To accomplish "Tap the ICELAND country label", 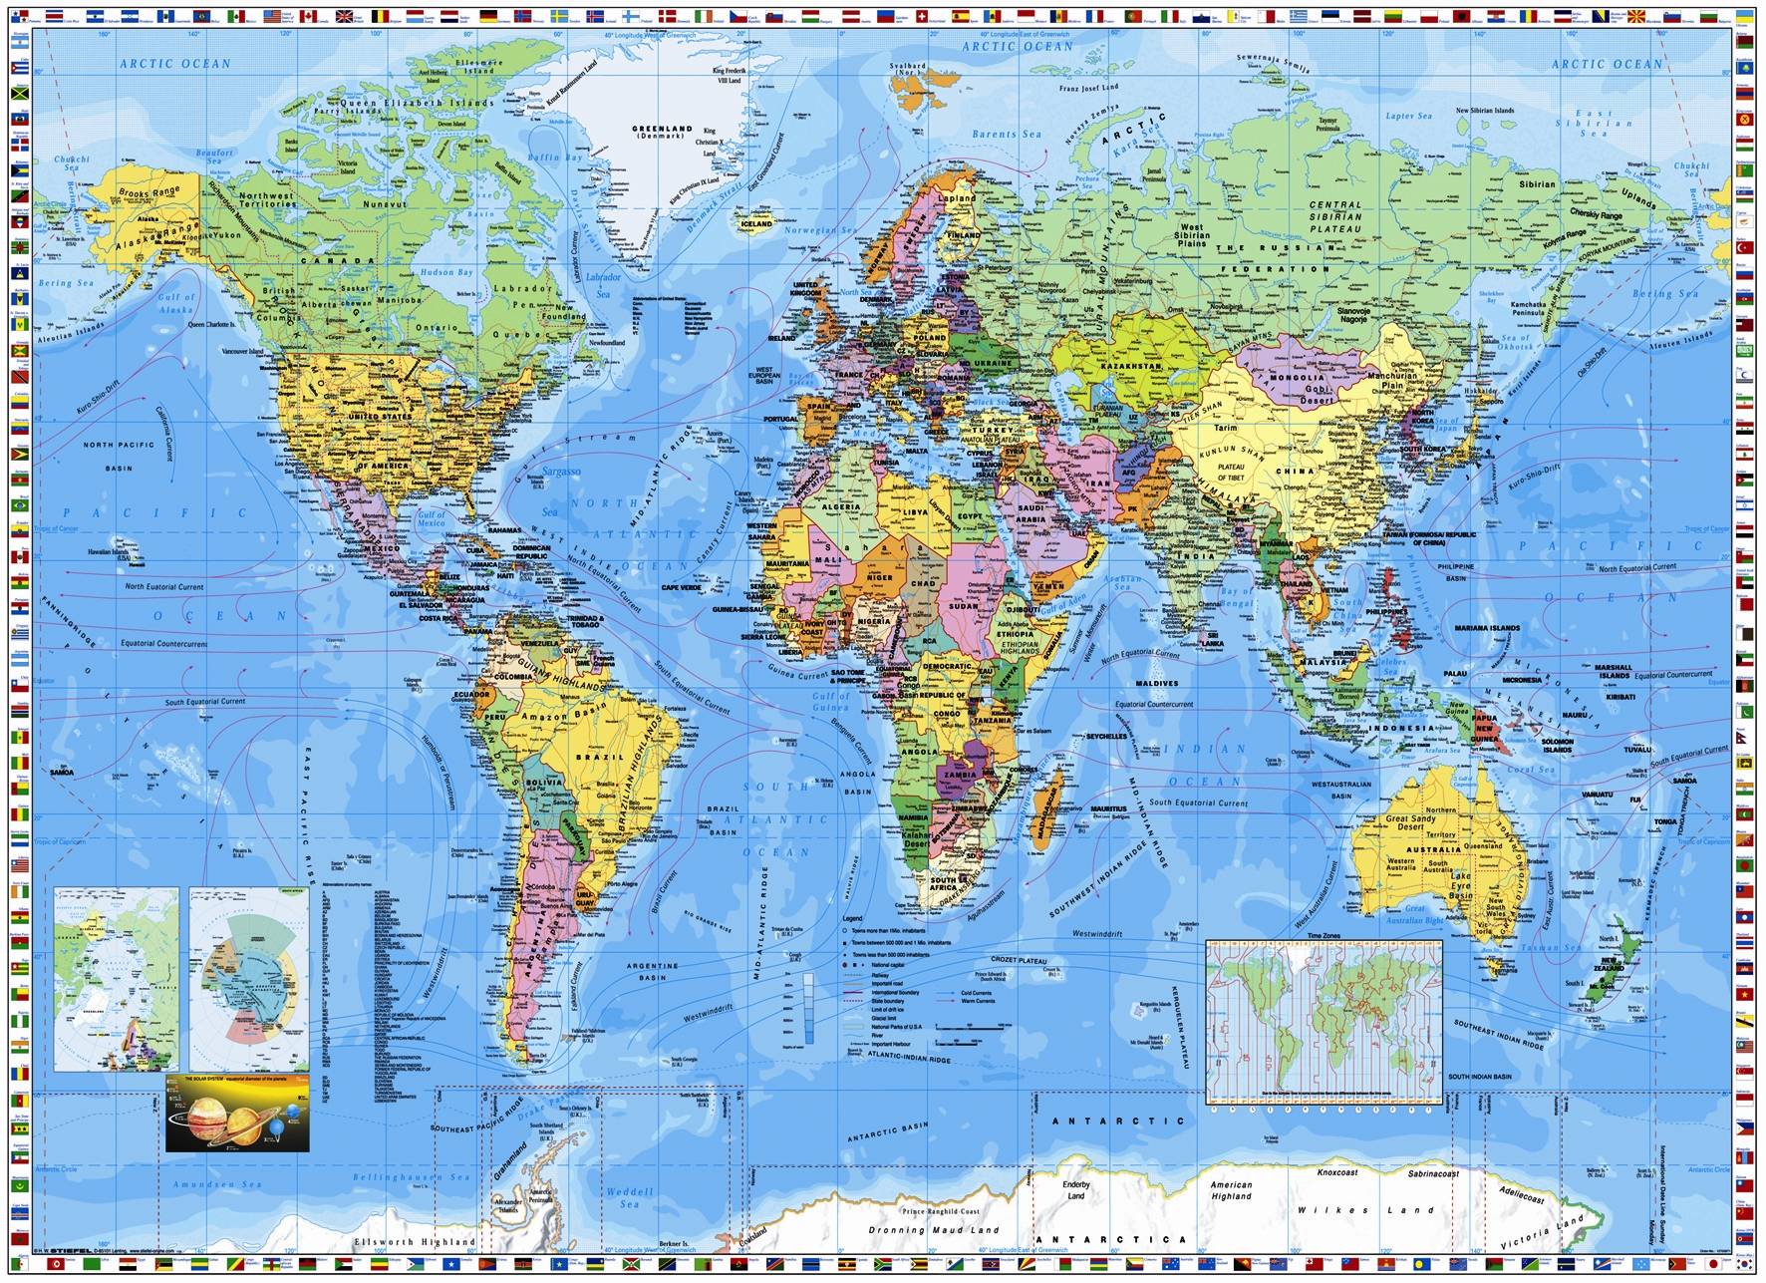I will [756, 224].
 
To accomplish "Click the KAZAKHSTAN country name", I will [1131, 366].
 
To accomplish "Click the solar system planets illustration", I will [237, 1114].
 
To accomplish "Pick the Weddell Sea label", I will [629, 1197].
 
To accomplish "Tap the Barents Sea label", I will [1008, 134].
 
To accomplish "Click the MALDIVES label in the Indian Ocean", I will [1156, 684].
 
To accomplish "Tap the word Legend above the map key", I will [852, 917].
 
